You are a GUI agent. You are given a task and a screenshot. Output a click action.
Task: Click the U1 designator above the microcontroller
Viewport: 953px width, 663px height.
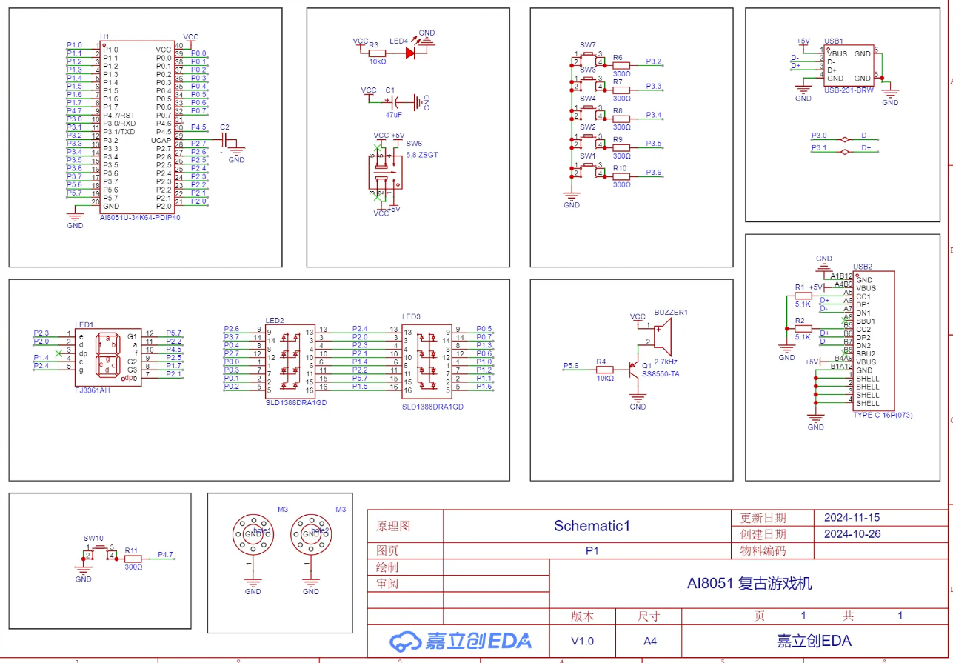coord(104,36)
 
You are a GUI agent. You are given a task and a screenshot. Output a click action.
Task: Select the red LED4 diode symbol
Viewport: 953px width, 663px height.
coord(409,53)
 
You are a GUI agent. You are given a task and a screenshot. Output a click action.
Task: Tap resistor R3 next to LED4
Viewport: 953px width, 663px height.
coord(377,53)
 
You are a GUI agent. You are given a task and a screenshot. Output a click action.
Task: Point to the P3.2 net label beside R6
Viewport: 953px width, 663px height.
coord(653,61)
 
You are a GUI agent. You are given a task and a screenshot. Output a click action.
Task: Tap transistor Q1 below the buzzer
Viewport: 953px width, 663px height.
coord(635,367)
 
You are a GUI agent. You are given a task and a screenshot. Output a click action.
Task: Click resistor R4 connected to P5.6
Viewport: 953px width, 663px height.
coord(605,367)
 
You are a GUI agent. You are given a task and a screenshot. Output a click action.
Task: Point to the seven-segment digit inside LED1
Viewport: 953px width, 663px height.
coord(109,355)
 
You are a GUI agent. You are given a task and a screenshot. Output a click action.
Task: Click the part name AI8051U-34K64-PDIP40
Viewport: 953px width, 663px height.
coord(140,219)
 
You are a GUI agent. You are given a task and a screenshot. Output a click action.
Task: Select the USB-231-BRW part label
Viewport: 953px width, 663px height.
coord(849,90)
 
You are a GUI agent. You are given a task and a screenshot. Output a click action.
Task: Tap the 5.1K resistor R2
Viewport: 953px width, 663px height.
coord(803,329)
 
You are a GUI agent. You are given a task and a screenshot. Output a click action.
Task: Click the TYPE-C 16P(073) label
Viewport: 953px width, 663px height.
coord(883,415)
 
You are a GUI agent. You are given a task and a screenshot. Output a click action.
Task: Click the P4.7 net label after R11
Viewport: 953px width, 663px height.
coord(165,554)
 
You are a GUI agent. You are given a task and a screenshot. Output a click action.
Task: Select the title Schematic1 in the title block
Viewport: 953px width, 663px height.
coord(591,526)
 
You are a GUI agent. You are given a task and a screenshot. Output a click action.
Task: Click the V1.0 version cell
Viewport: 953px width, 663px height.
coord(582,641)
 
